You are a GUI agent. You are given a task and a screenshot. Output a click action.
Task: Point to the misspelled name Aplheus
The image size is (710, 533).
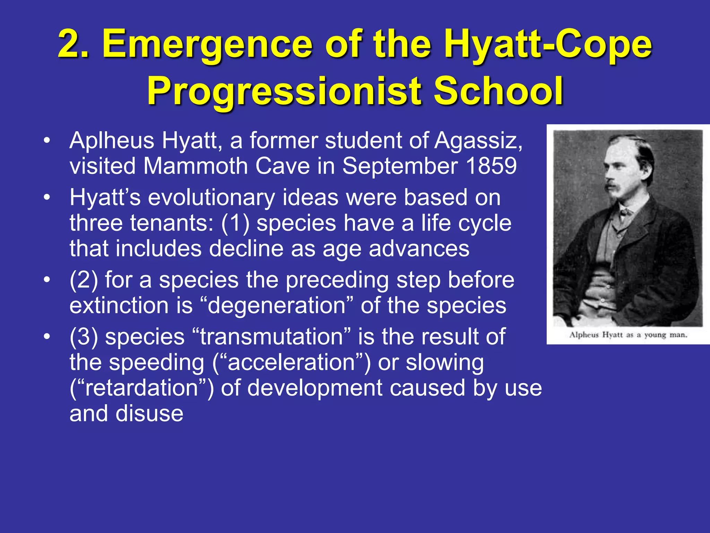pos(112,142)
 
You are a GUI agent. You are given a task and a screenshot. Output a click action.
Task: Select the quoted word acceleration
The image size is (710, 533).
pos(292,363)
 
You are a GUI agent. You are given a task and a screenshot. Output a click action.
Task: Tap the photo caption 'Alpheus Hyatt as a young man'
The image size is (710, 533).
pos(628,335)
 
